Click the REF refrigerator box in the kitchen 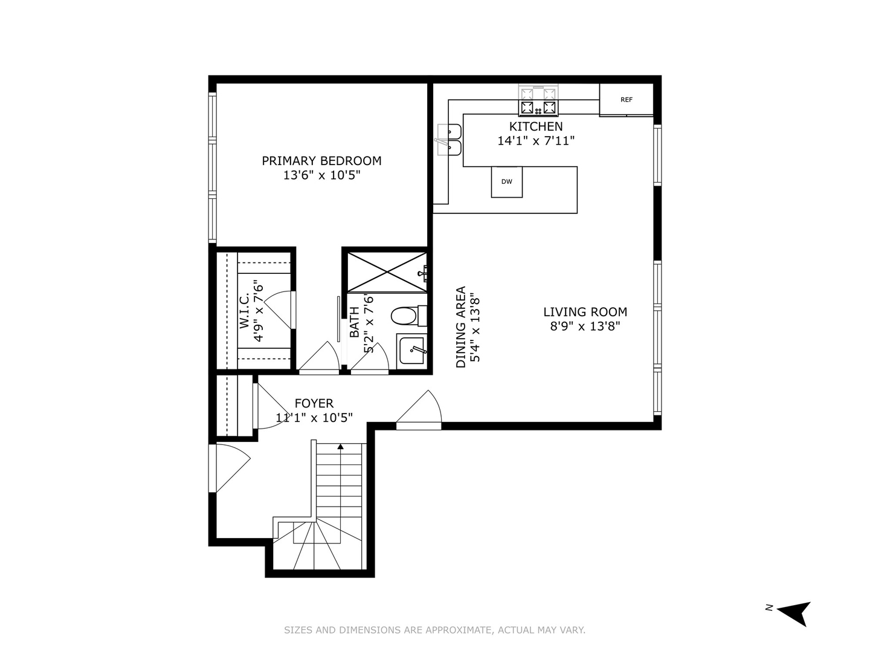626,100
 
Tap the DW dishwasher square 506,181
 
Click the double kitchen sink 449,140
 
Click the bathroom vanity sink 412,350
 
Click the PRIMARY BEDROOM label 321,161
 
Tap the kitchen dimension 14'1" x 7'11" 535,141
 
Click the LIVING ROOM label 585,312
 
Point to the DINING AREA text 461,327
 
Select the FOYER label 314,403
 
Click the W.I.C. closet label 245,311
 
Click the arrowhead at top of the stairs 341,447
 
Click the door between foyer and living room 420,411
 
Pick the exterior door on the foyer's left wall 230,468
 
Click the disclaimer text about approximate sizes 434,630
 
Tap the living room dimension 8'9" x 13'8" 585,326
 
